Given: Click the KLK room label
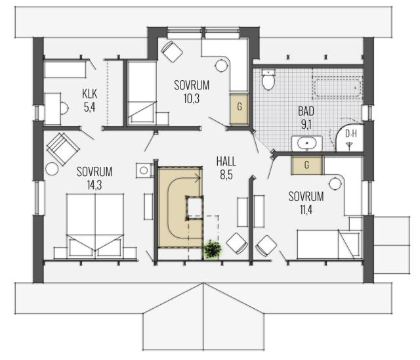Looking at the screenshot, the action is [89, 94].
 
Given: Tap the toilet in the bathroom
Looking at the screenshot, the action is [268, 79].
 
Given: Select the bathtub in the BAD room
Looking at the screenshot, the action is [338, 87].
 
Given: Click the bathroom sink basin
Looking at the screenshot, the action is [306, 143].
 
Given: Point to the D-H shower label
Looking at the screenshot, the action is [350, 134].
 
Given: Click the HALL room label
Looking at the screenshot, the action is [226, 162].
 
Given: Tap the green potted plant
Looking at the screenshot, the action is [213, 249].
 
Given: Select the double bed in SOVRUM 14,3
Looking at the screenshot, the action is [95, 226].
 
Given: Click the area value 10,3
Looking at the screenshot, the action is [192, 99].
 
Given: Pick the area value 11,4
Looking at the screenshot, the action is [306, 210].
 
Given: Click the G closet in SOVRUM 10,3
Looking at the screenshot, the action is [239, 108].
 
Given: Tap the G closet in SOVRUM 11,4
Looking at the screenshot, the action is [306, 165].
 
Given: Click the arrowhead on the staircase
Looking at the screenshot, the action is [198, 177].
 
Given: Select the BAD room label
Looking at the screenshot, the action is [306, 111].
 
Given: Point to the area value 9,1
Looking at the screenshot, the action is [306, 124].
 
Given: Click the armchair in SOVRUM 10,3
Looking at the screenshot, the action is [173, 51].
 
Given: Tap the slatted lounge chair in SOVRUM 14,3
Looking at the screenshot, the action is [63, 148].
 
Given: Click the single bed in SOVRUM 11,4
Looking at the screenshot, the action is [329, 244].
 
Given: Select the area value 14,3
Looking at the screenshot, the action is [94, 185].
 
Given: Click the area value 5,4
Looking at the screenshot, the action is [89, 107].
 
